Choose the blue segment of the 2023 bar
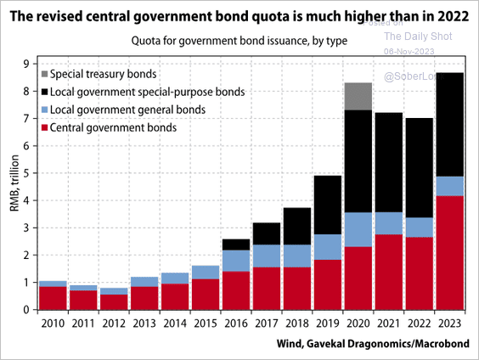[x=449, y=186]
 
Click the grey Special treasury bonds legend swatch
[x=44, y=74]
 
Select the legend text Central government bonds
[x=113, y=127]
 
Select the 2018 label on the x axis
[x=296, y=322]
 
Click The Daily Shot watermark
[x=418, y=36]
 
